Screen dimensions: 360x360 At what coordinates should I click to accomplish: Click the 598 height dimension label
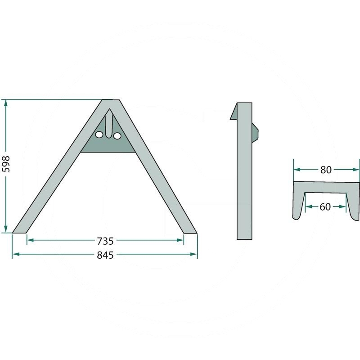(x=6, y=164)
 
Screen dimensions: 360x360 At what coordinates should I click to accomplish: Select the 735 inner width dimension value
(x=105, y=241)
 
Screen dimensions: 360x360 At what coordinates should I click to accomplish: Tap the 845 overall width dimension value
(x=105, y=255)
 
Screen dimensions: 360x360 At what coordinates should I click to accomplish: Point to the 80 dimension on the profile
(x=326, y=170)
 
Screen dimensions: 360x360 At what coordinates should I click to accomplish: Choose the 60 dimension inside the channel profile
(x=325, y=207)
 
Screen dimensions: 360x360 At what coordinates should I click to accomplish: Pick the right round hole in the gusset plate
(x=117, y=136)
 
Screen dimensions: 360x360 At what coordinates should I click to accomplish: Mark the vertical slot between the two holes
(x=109, y=124)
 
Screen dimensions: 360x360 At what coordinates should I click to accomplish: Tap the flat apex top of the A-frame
(x=111, y=100)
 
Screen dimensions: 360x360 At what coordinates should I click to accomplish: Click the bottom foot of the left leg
(x=19, y=233)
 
